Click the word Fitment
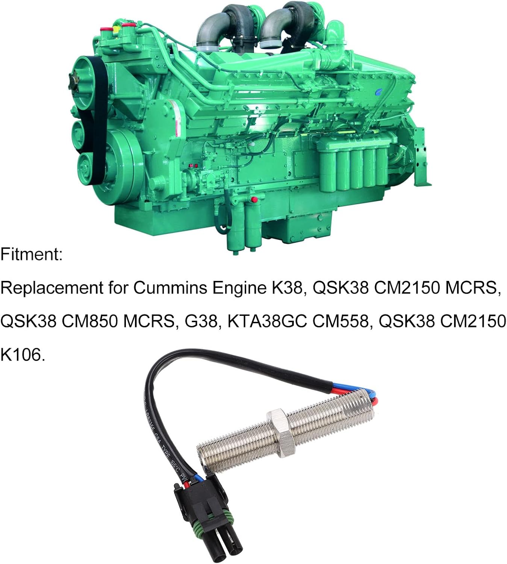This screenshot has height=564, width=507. coord(31,255)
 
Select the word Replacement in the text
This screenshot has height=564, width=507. coord(51,288)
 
